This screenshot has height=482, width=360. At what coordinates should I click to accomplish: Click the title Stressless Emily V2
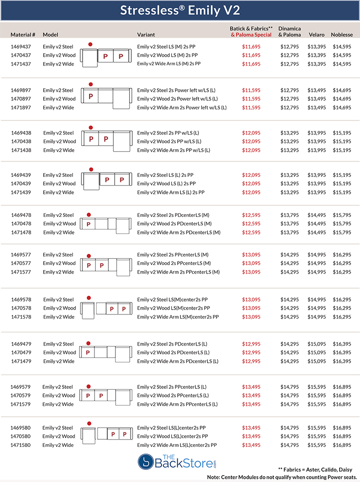pos(180,10)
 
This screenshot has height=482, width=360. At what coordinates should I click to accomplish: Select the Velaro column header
pos(317,35)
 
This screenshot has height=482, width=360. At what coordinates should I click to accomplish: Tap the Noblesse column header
pos(342,35)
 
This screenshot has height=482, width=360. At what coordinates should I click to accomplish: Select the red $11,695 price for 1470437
pos(251,55)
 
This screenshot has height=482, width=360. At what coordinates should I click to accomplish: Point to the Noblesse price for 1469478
pos(342,215)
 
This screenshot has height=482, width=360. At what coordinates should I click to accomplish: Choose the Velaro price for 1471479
pos(317,361)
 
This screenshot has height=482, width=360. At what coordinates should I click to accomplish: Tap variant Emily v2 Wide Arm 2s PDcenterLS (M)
pos(179,232)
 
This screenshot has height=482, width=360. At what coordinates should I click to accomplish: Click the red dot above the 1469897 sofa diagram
pos(90,84)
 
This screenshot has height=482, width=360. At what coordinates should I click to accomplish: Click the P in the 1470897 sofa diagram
pos(90,96)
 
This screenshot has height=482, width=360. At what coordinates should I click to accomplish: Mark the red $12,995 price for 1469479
pos(251,344)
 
